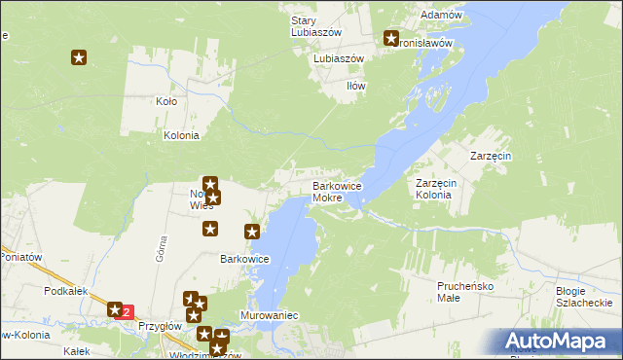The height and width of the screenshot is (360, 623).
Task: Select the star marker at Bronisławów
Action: (391, 39)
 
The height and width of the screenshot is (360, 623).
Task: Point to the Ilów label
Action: (357, 86)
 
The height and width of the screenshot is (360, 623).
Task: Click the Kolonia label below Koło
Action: (181, 136)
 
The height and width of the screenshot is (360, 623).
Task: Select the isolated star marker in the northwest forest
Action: (79, 58)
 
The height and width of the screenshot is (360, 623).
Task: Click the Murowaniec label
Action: (269, 316)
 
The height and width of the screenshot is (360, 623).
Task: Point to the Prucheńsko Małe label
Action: (465, 292)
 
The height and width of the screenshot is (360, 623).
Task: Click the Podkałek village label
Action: (66, 291)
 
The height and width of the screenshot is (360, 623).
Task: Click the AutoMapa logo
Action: (558, 341)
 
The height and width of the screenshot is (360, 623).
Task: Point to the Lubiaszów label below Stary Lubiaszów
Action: (338, 58)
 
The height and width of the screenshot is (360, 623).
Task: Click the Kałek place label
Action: (76, 351)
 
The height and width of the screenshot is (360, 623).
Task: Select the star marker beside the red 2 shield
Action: (113, 308)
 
